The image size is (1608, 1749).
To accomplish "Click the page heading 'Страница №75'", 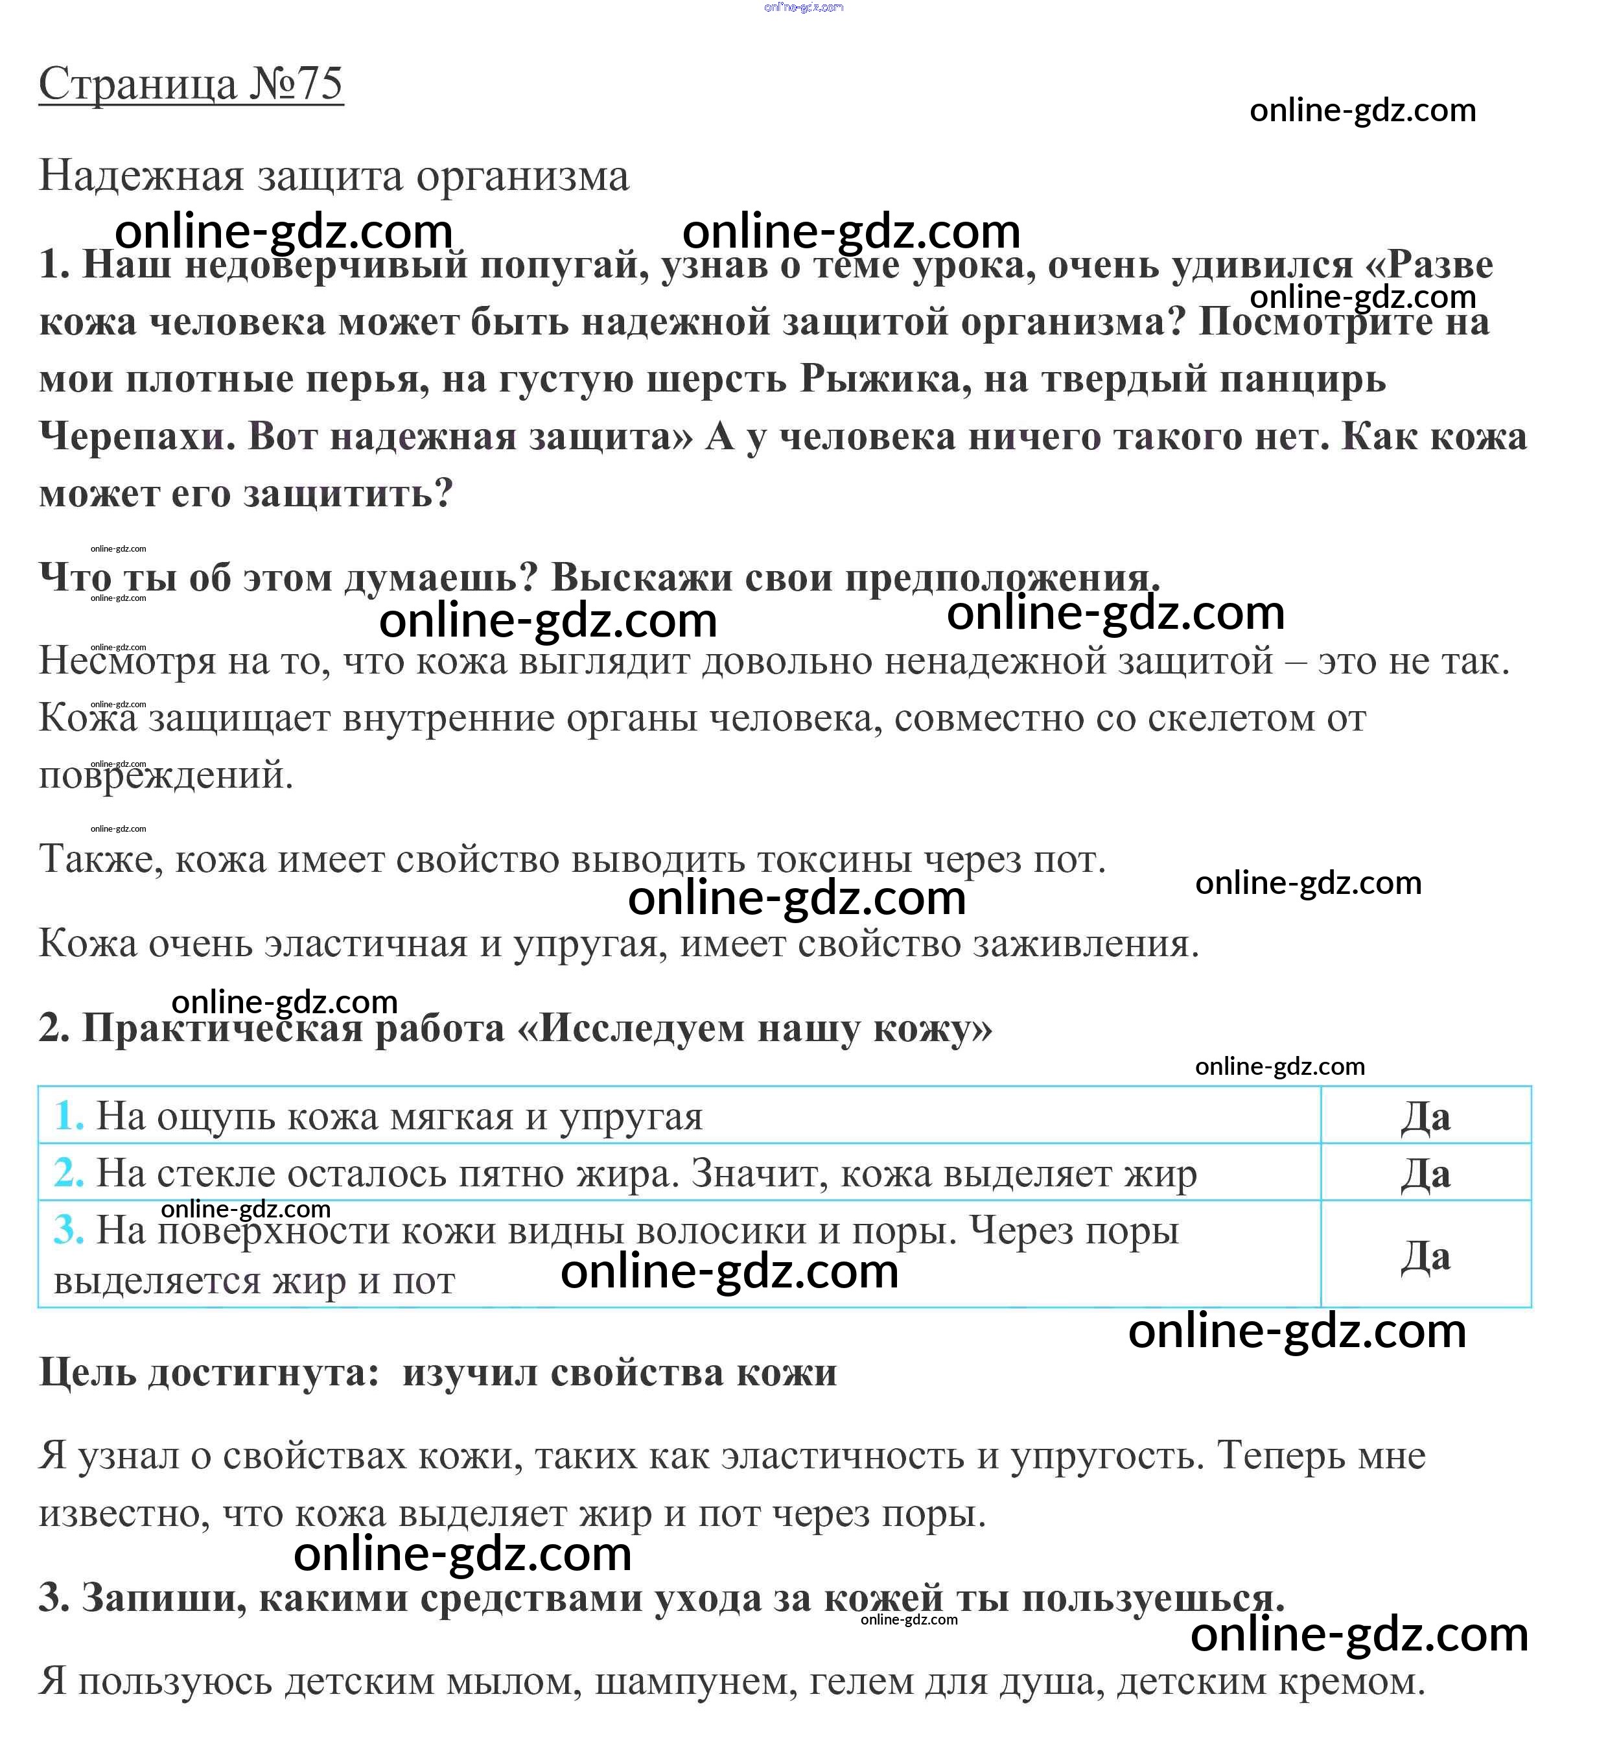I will pyautogui.click(x=191, y=84).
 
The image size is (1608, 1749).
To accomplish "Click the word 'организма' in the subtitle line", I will pyautogui.click(x=522, y=176).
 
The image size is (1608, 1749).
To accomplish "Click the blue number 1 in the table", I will pyautogui.click(x=69, y=1116).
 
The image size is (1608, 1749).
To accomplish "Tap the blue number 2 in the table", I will pyautogui.click(x=69, y=1173).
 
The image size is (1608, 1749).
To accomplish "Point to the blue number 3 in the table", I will pyautogui.click(x=69, y=1230).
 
